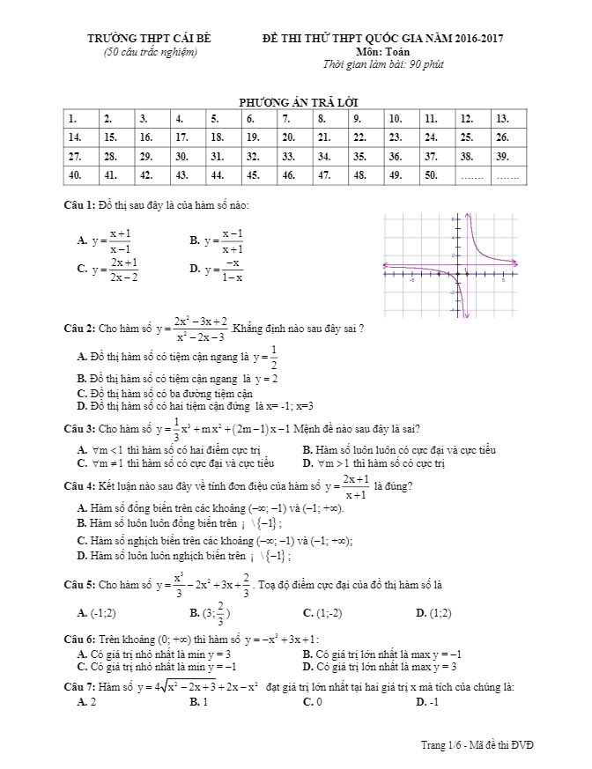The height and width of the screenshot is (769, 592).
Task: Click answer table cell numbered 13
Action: (x=508, y=119)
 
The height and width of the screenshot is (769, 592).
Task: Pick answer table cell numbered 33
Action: (x=295, y=156)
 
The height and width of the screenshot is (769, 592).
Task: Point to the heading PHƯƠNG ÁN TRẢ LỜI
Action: (x=297, y=102)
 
